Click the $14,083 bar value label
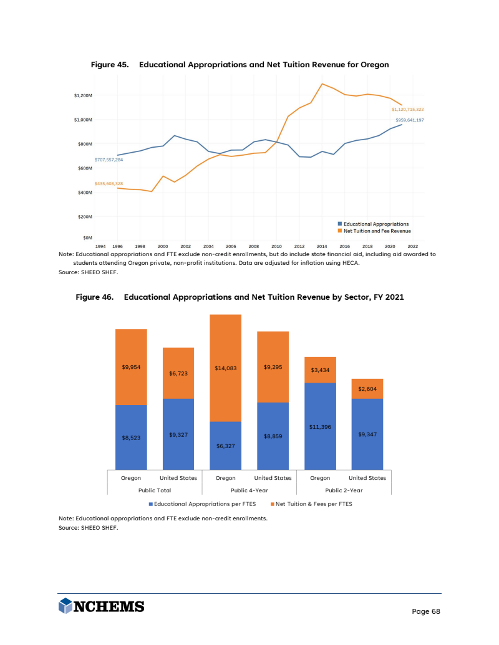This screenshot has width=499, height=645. pos(225,368)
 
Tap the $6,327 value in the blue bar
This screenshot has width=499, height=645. pos(225,446)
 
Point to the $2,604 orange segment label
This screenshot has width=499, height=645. pos(367,388)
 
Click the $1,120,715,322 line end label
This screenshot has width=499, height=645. pos(407,109)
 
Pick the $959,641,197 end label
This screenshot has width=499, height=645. pos(409,120)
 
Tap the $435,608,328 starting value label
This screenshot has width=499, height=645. pos(109,183)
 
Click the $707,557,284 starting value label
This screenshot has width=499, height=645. pos(109,160)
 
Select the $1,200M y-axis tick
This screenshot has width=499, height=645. pos(83,96)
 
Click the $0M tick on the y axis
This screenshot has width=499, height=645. pos(87,238)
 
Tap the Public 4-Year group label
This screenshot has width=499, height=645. pos(249,490)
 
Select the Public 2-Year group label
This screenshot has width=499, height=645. pos(343,490)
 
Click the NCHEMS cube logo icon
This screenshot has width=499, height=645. pos(65,606)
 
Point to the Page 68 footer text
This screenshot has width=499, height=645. pos(426,611)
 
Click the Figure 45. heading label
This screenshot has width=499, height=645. pos(110,65)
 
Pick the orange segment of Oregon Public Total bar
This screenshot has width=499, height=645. pos(131,367)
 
